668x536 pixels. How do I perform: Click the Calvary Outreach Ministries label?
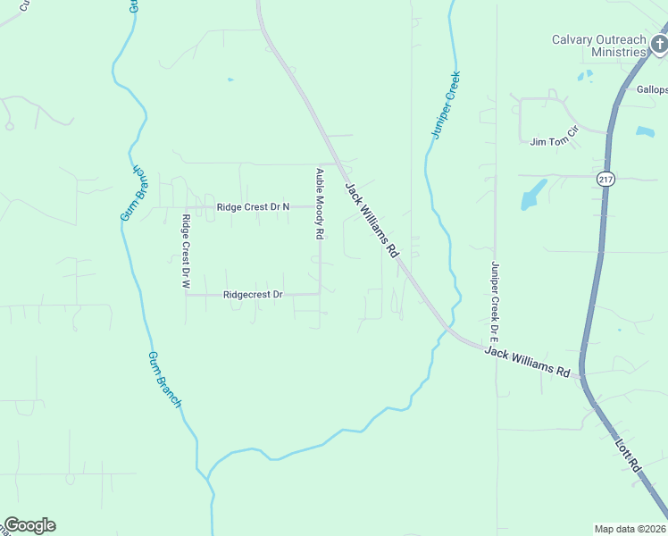point(597,46)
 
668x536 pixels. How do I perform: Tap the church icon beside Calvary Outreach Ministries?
point(659,44)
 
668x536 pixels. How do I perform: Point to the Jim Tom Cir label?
point(555,142)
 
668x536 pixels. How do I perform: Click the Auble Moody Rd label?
point(318,203)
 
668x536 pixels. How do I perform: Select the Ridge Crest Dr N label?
point(254,207)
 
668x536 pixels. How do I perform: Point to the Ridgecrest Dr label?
point(253,294)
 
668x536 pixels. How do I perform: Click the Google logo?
point(29,525)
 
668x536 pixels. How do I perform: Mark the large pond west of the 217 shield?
point(533,194)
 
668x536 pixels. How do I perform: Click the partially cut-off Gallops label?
point(652,89)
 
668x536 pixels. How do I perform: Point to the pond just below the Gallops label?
point(645,131)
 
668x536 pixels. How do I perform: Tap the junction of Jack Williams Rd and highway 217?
point(581,375)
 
